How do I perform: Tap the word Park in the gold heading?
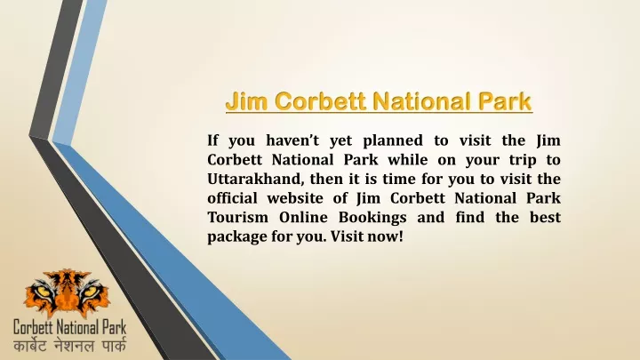click(x=505, y=101)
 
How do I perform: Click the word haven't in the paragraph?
click(x=292, y=140)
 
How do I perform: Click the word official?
click(x=232, y=198)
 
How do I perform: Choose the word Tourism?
click(x=238, y=217)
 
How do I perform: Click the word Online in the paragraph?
click(x=303, y=217)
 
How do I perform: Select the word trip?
click(x=523, y=161)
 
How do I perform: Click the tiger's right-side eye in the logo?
click(x=90, y=292)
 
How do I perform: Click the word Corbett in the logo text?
click(x=34, y=327)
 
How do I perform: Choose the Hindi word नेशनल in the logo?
click(x=74, y=346)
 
